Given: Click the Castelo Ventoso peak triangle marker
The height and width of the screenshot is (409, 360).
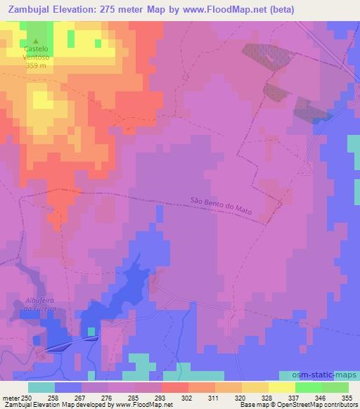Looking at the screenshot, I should (x=37, y=41).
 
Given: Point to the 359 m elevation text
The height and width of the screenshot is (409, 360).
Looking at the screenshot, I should (x=37, y=66).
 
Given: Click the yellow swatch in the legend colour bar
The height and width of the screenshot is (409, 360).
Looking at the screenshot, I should (x=282, y=387).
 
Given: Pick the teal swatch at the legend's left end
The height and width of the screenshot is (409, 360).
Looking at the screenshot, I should (x=41, y=387).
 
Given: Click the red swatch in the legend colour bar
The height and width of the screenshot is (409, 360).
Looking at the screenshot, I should (x=175, y=387).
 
